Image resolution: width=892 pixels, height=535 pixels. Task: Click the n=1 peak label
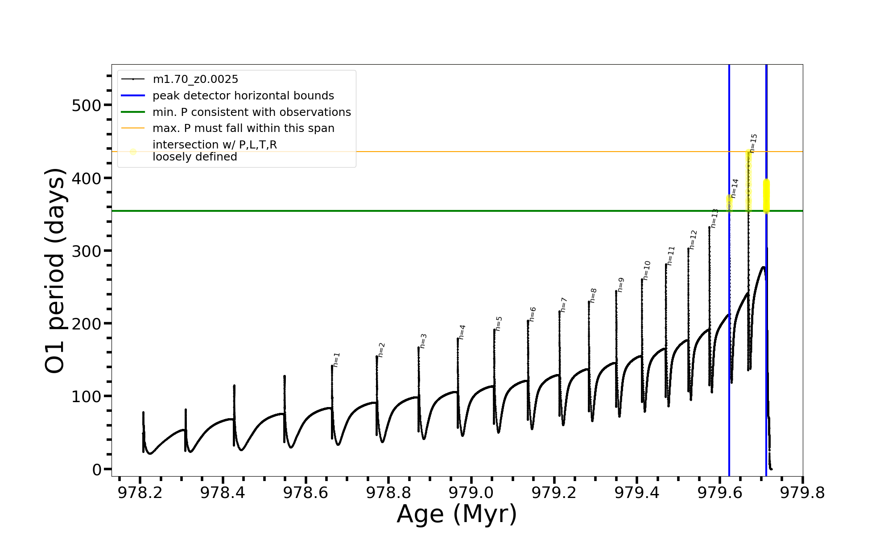pyautogui.click(x=337, y=360)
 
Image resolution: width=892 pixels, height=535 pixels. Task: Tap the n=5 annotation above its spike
pyautogui.click(x=499, y=323)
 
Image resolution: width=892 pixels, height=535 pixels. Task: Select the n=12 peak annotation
pyautogui.click(x=693, y=239)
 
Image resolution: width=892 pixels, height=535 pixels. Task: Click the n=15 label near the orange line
pyautogui.click(x=753, y=143)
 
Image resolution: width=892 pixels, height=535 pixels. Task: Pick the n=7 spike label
pyautogui.click(x=564, y=305)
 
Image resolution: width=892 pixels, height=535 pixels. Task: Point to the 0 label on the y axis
pyautogui.click(x=97, y=469)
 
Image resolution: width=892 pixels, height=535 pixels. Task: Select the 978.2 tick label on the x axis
pyautogui.click(x=140, y=493)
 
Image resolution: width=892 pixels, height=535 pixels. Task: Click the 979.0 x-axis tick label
pyautogui.click(x=471, y=493)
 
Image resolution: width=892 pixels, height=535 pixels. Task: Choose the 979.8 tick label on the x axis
pyautogui.click(x=802, y=493)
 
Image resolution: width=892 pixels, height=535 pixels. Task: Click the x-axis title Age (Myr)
pyautogui.click(x=457, y=514)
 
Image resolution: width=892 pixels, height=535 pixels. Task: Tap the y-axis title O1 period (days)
pyautogui.click(x=55, y=271)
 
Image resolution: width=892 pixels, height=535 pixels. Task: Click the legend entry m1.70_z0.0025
pyautogui.click(x=195, y=79)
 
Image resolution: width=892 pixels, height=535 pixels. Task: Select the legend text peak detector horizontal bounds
pyautogui.click(x=243, y=96)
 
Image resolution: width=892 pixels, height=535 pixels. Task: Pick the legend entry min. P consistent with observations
pyautogui.click(x=252, y=112)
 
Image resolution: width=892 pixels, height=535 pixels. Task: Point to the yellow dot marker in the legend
pyautogui.click(x=133, y=152)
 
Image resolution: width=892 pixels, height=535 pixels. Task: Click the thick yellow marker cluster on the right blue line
pyautogui.click(x=766, y=196)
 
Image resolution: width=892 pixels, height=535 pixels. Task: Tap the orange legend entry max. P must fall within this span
pyautogui.click(x=243, y=128)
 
